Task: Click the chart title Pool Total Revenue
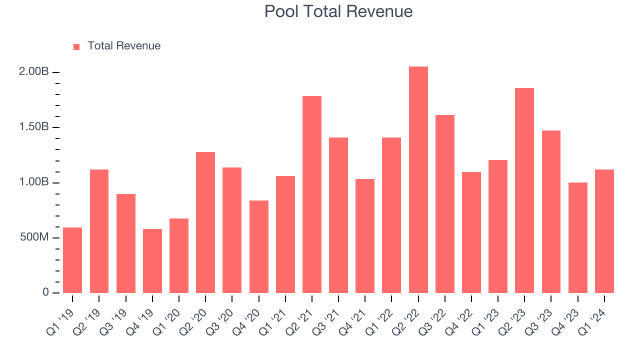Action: point(338,11)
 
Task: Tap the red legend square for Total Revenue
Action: point(76,46)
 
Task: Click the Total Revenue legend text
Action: point(124,46)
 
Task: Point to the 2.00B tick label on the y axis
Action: point(34,72)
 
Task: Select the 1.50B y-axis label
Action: point(34,127)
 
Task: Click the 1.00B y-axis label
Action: point(34,182)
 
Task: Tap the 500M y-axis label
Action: point(34,237)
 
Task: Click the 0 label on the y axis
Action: point(45,292)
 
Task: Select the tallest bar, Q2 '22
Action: point(418,180)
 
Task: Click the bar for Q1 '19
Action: point(72,260)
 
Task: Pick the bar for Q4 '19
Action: point(152,261)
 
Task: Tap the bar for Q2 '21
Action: point(311,194)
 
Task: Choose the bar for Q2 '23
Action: point(524,190)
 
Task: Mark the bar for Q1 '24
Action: point(604,231)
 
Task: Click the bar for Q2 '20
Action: point(205,222)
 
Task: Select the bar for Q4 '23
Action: point(577,237)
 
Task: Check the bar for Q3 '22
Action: point(444,204)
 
